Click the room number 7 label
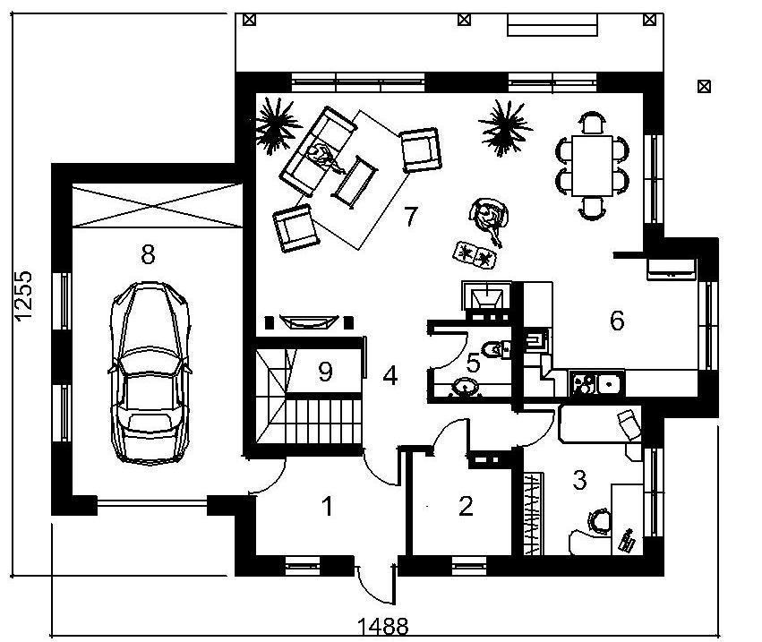click(411, 217)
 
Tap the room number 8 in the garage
click(148, 254)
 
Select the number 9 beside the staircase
click(325, 372)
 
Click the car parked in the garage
click(150, 372)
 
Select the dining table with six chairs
click(592, 166)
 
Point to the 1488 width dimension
click(383, 627)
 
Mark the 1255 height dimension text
click(23, 295)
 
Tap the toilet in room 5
click(494, 349)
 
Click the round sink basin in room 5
click(465, 387)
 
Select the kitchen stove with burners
click(583, 383)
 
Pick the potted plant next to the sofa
click(276, 124)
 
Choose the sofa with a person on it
click(318, 151)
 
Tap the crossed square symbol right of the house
click(704, 87)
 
